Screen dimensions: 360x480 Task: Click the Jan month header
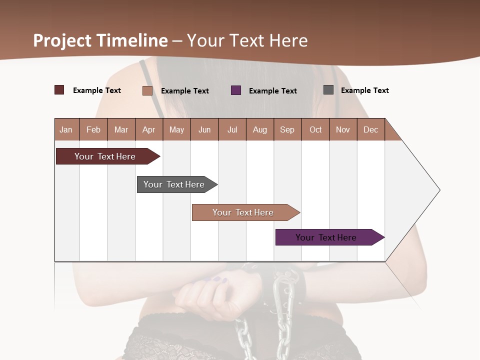66,129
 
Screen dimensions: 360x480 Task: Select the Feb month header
93,129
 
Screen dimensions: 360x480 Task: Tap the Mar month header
121,129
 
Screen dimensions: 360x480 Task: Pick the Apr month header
149,129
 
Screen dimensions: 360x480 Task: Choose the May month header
176,129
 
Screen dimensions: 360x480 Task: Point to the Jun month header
204,129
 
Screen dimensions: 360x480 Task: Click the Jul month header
232,129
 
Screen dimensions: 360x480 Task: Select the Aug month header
260,129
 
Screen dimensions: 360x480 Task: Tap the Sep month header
287,129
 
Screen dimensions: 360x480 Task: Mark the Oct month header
315,129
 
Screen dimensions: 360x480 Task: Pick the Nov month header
343,129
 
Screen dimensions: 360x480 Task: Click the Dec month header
371,129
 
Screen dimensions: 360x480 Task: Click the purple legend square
236,90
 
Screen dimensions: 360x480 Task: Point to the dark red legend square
59,90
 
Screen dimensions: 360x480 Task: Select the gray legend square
328,90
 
